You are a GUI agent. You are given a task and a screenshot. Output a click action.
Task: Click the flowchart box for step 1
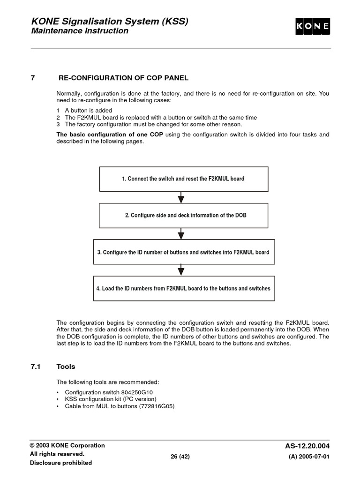point(184,179)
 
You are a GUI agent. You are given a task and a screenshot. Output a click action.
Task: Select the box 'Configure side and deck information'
point(184,215)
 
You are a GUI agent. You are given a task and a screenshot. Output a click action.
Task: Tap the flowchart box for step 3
point(184,252)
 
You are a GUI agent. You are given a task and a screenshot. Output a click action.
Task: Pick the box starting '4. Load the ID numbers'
point(184,288)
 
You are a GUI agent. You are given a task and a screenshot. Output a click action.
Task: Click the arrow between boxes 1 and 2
point(181,197)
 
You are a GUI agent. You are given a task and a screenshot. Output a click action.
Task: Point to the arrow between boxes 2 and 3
point(181,233)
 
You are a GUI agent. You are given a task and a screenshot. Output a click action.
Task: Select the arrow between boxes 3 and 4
point(181,270)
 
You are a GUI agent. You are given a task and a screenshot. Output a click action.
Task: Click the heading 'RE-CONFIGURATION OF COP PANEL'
point(123,78)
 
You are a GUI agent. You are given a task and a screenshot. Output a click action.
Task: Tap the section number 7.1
point(36,367)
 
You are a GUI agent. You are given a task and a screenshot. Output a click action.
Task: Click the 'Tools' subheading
point(66,367)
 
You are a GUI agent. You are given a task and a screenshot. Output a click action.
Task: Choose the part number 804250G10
point(139,392)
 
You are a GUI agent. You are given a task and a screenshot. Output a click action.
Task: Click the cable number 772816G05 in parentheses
point(157,406)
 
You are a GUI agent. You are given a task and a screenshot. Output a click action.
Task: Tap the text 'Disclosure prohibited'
point(61,463)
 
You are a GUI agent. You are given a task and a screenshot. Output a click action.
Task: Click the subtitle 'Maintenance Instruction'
point(79,31)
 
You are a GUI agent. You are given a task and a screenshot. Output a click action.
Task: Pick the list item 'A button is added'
point(88,111)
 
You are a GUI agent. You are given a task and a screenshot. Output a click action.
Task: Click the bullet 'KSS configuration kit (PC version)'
point(111,399)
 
